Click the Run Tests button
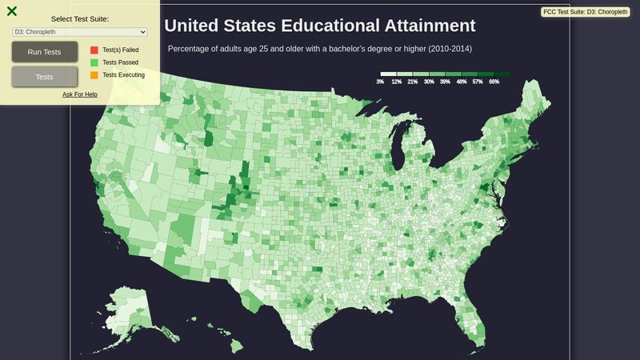coord(45,52)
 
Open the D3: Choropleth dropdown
coord(80,31)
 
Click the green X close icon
coord(11,11)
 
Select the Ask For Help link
coord(80,94)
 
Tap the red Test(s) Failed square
coord(94,50)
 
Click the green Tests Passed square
coord(94,62)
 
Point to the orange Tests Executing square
coord(94,75)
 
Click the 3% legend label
coord(380,82)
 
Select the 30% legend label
coord(429,82)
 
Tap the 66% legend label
coord(494,82)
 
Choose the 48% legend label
coord(462,82)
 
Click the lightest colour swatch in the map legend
coord(388,74)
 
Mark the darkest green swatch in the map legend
coord(502,74)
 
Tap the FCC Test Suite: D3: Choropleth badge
coord(586,12)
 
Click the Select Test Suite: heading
coord(80,18)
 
